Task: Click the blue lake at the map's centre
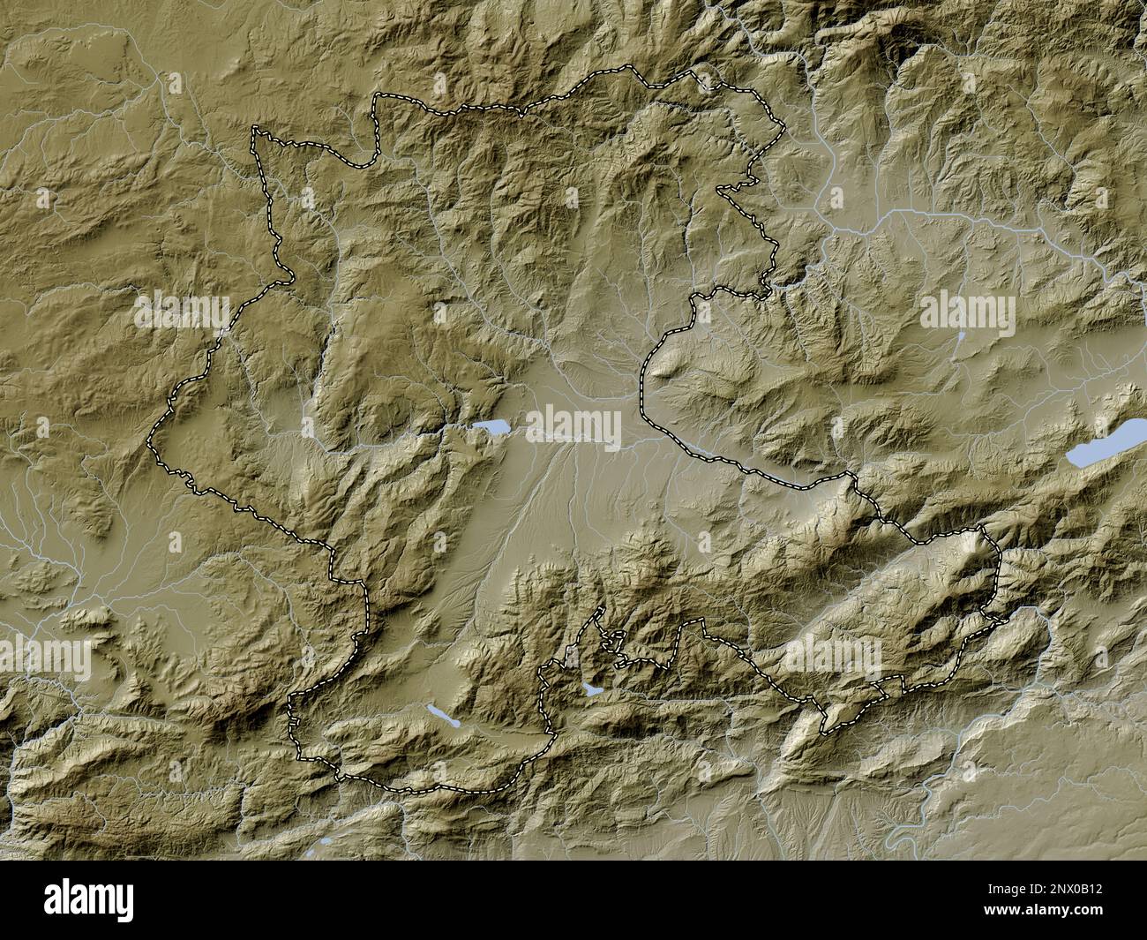(491, 428)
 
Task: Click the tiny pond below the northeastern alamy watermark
(960, 336)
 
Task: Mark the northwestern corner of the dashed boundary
(257, 129)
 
